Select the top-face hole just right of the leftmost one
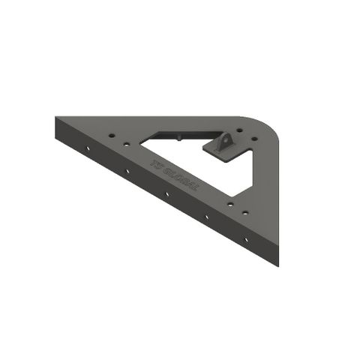tap(123, 142)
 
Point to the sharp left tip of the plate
tap(57, 119)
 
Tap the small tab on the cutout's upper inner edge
tap(181, 136)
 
